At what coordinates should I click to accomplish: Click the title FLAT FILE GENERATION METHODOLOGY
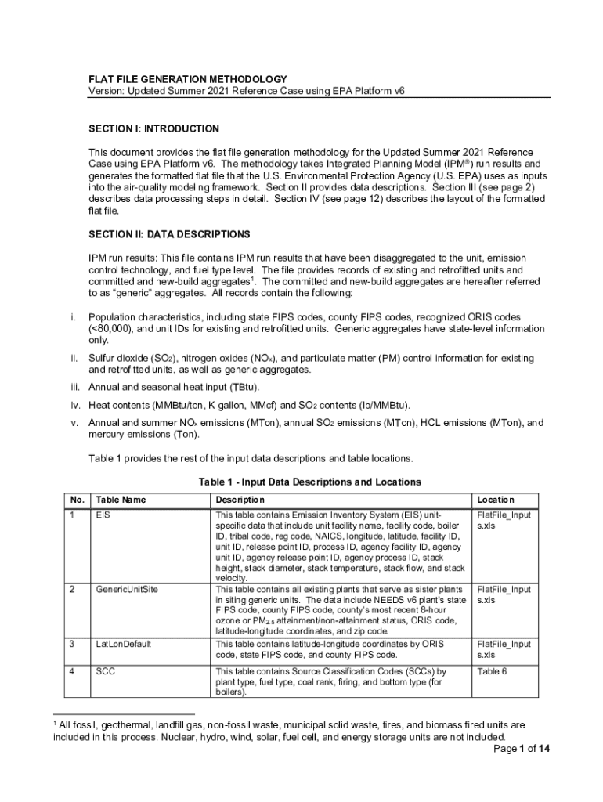click(187, 79)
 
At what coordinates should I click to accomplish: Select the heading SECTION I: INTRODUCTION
click(153, 128)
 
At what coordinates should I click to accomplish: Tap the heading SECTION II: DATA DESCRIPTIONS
click(169, 234)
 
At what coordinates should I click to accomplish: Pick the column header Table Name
click(121, 500)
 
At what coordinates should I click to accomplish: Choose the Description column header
click(240, 500)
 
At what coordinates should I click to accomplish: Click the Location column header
click(496, 500)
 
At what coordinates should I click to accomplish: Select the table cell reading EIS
click(103, 516)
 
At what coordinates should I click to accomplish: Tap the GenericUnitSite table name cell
click(127, 589)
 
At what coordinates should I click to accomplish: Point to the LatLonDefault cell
click(124, 644)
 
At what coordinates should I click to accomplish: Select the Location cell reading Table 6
click(493, 671)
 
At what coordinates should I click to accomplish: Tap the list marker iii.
click(74, 387)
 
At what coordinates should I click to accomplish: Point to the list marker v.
click(74, 423)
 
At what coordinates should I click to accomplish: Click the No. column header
click(77, 500)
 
